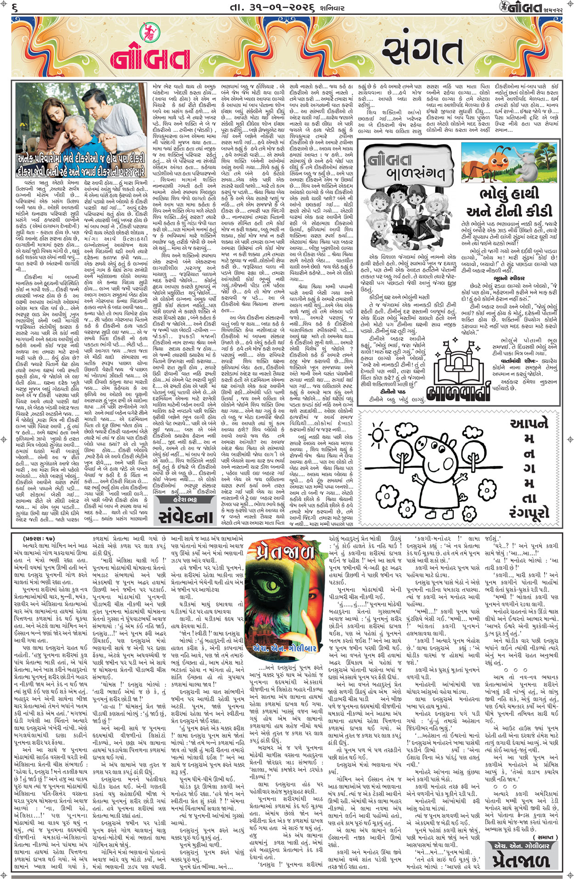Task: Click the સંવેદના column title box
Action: click(186, 517)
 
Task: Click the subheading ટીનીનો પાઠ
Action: click(392, 391)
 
